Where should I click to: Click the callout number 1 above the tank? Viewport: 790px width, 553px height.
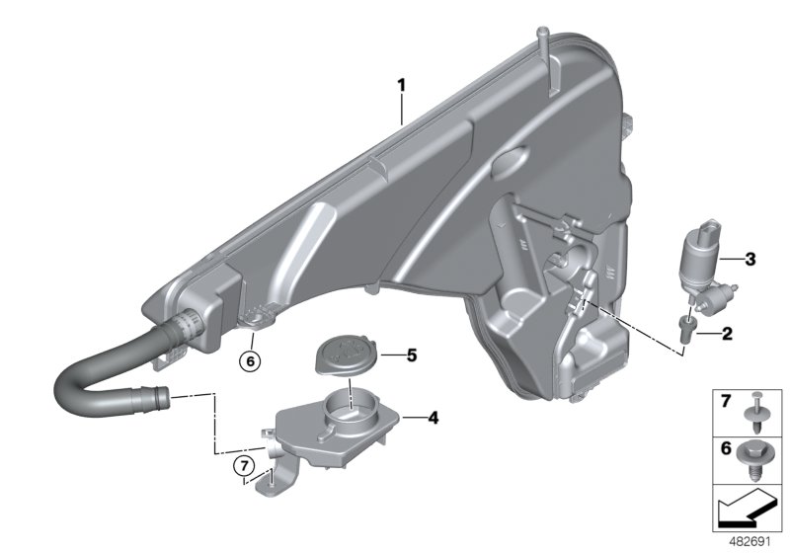point(402,85)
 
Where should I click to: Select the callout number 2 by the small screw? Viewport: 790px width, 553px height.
point(727,333)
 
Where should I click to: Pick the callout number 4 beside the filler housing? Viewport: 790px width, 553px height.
point(433,417)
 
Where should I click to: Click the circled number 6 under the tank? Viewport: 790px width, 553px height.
point(250,361)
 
